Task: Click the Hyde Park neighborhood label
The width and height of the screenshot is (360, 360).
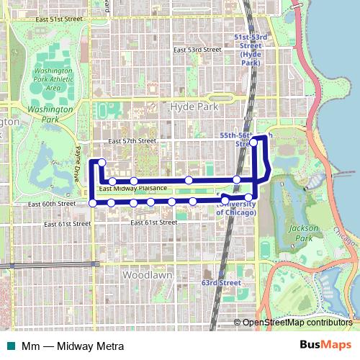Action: [195, 106]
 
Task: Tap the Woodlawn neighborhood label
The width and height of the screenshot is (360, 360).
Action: [146, 276]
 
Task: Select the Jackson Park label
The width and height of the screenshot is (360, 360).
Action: [303, 233]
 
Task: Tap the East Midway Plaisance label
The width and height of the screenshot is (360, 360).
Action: [133, 189]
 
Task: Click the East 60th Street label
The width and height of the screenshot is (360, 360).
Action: [52, 204]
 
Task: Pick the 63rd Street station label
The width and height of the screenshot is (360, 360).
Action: [221, 283]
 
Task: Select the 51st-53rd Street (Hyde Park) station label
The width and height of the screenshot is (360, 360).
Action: [251, 49]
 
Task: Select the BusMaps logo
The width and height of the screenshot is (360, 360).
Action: [325, 346]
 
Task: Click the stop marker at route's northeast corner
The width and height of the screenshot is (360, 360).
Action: [254, 143]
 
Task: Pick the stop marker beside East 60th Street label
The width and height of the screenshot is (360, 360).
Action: [92, 204]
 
